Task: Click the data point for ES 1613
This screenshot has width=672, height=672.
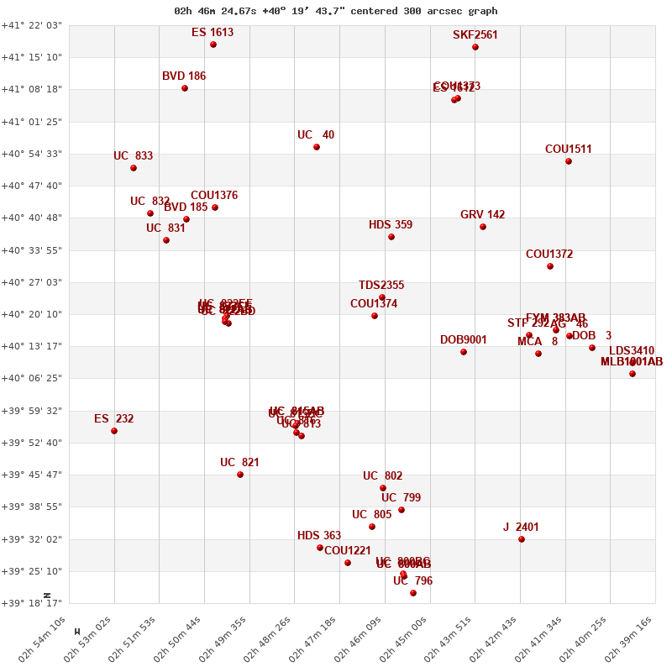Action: coord(213,45)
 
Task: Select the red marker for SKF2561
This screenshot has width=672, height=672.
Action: coord(475,47)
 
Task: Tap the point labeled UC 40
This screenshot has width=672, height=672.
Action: coord(317,147)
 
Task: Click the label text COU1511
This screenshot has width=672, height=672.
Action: coord(568,150)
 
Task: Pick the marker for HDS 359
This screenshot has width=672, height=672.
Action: coord(391,237)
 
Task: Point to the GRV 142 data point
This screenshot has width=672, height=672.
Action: coord(483,227)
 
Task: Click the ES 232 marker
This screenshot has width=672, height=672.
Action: coord(114,431)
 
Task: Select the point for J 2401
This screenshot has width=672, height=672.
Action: coord(522,539)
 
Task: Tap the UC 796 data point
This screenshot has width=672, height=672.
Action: coord(413,593)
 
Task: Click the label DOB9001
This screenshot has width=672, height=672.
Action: coord(463,340)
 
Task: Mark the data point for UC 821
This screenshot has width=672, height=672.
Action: coord(240,475)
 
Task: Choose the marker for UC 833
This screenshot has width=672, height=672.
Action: coord(134,168)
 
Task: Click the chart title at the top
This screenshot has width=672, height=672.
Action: coord(335,11)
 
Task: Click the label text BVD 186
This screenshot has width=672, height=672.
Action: coord(184,76)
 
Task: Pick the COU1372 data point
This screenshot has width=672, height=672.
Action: coord(550,266)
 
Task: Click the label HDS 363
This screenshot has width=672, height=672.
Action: coord(319,536)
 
